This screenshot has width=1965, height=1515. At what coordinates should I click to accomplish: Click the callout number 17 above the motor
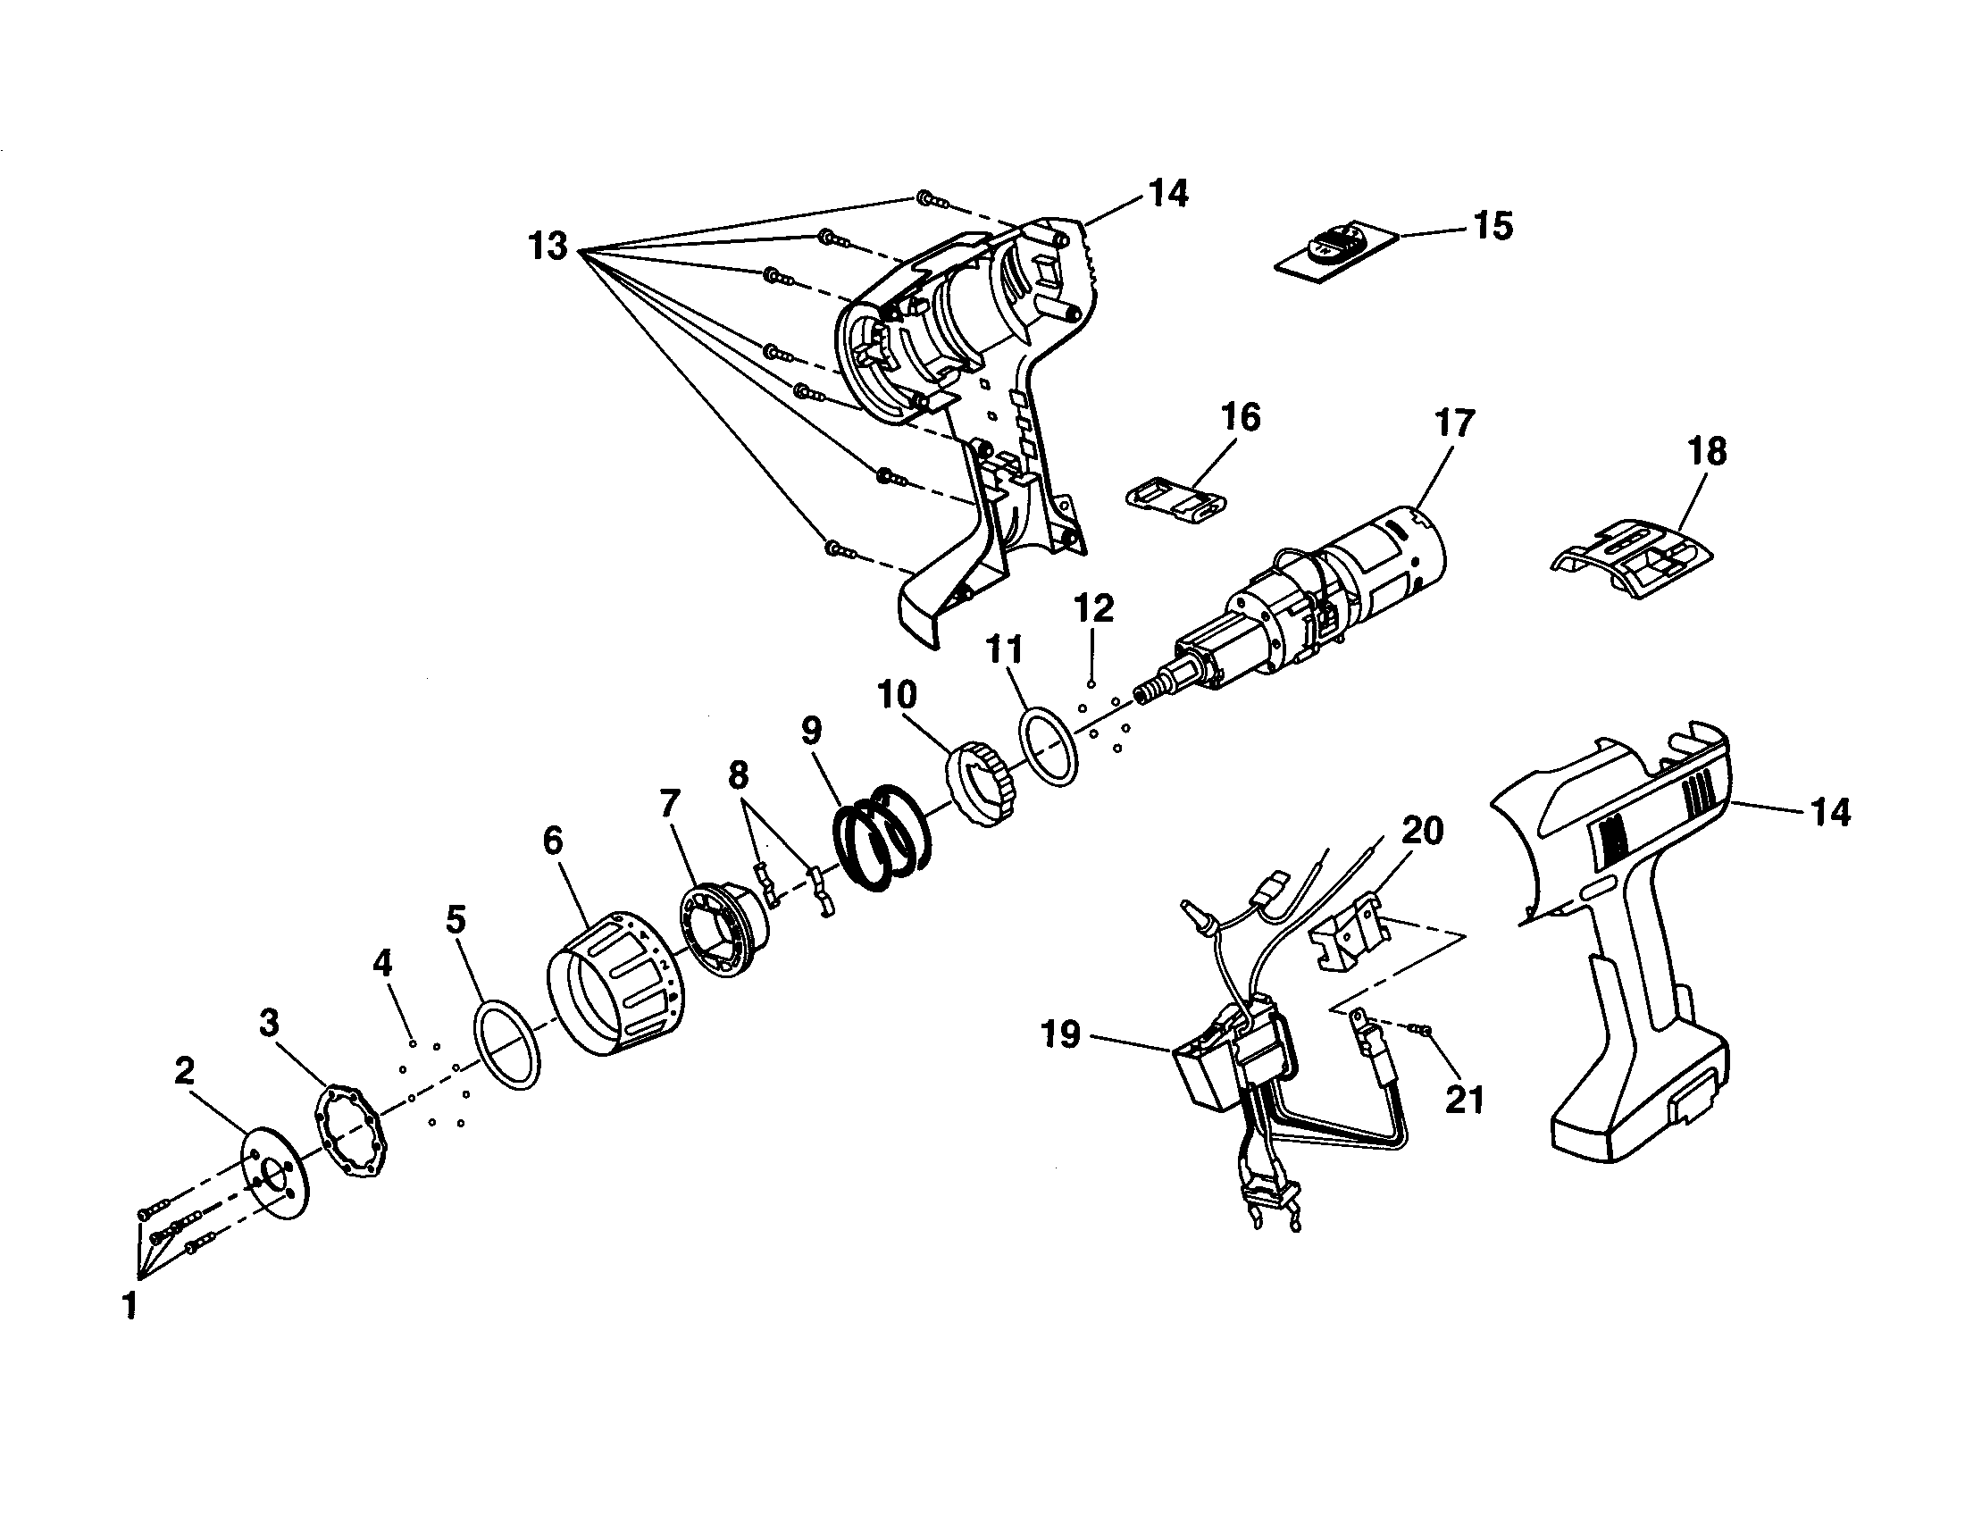pyautogui.click(x=1455, y=423)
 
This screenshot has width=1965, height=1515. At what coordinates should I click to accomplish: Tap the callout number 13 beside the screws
pyautogui.click(x=548, y=245)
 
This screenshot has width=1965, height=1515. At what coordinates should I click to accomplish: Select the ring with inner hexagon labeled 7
pyautogui.click(x=724, y=931)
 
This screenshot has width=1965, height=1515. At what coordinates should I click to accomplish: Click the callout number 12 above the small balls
pyautogui.click(x=1093, y=609)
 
